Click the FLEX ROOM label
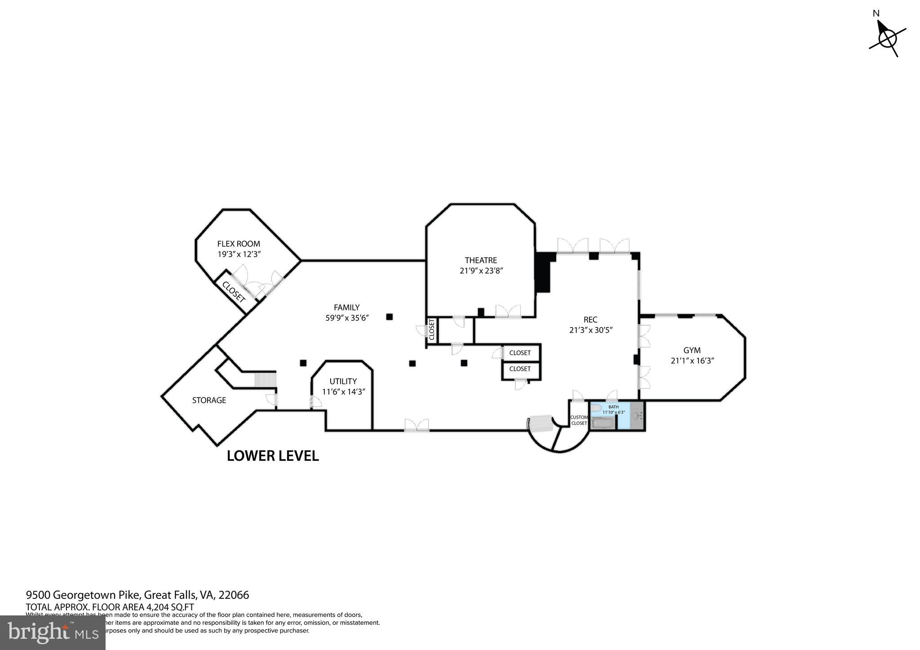coord(239,244)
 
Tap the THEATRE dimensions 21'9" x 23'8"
coord(481,271)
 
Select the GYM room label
coord(692,350)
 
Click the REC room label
coord(590,319)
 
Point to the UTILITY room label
coord(343,381)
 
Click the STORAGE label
coord(209,400)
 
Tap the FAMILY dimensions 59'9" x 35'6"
coord(347,318)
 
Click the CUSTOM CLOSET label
coord(579,420)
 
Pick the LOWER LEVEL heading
coord(273,455)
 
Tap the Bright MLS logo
coord(53,632)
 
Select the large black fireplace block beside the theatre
coord(543,273)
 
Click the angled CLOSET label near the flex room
coord(234,292)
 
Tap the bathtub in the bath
coord(602,423)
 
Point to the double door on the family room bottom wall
coord(416,425)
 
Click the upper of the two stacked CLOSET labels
coord(520,353)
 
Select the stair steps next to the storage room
coord(264,380)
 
